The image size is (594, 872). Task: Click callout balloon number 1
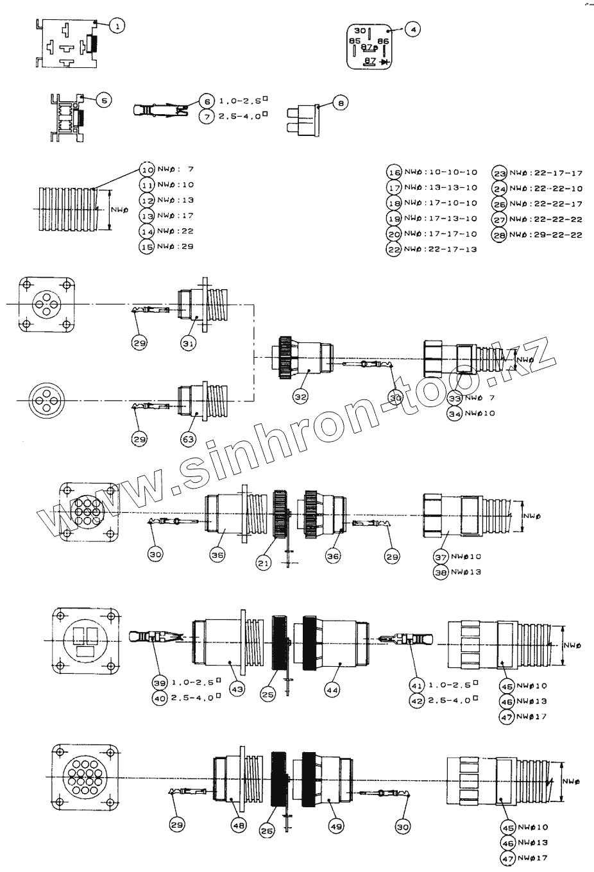(117, 26)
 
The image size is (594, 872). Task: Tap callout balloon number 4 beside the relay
(412, 30)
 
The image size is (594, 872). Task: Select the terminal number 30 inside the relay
(360, 31)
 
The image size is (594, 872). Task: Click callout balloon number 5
(104, 100)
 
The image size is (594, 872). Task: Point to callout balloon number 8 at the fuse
(341, 103)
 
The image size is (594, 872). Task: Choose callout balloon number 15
(147, 246)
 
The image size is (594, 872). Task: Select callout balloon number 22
(394, 250)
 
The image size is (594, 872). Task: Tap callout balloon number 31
(188, 344)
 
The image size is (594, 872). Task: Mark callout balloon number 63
(188, 439)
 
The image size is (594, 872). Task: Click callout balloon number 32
(301, 398)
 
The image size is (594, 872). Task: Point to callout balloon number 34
(455, 414)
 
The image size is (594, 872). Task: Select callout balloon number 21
(262, 563)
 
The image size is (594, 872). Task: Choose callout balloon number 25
(269, 694)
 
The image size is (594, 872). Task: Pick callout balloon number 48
(239, 827)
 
